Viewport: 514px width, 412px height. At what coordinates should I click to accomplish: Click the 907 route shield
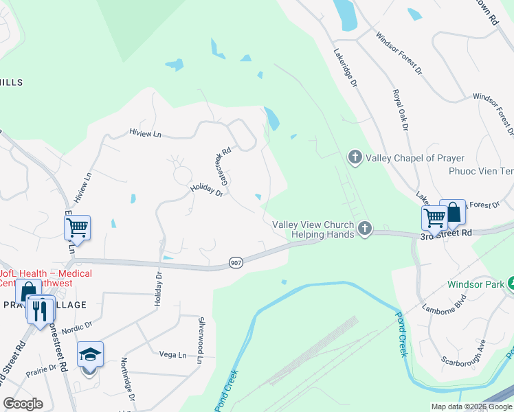tap(236, 263)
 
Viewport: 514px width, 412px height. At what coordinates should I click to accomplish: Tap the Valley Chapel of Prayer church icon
tap(355, 158)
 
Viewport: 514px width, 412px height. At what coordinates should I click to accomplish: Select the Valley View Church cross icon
tap(365, 229)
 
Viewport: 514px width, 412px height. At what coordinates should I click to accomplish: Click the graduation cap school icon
tap(90, 354)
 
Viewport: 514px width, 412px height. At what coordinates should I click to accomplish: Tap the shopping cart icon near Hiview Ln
tap(78, 227)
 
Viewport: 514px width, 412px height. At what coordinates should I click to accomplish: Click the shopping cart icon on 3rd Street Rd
tap(434, 218)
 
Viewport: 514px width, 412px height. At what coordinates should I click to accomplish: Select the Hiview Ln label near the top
tap(145, 133)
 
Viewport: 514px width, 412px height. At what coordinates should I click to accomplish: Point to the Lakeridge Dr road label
tap(346, 67)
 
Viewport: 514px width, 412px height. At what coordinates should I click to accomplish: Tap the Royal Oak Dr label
tap(400, 109)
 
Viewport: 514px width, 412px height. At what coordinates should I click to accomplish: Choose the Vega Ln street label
tap(172, 354)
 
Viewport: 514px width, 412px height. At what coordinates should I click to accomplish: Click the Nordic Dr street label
tap(77, 330)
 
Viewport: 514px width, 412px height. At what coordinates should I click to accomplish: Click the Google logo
tap(23, 404)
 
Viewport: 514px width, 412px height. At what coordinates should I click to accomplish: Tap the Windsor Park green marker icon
tap(511, 283)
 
